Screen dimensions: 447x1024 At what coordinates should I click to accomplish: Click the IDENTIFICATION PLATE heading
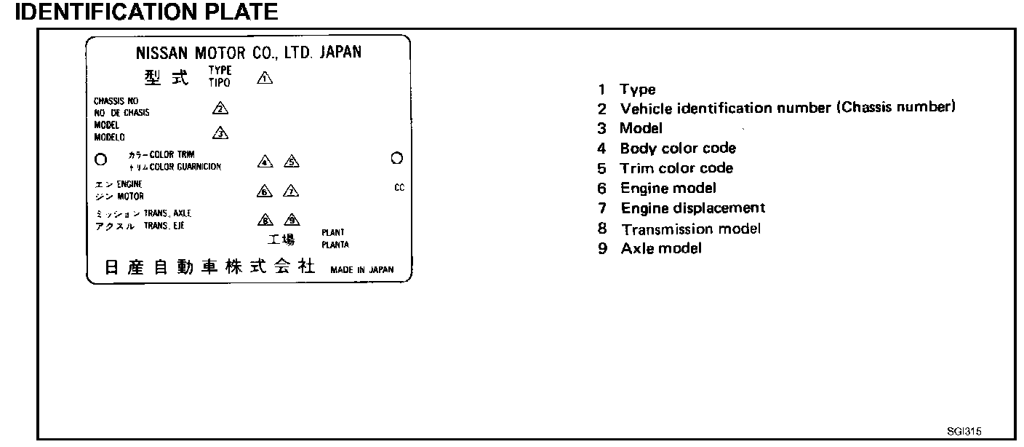pos(145,12)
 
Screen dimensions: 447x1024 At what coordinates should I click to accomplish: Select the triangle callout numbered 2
pos(220,108)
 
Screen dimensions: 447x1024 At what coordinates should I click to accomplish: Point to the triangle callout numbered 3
pos(220,132)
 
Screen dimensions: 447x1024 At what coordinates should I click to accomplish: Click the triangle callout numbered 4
pos(265,162)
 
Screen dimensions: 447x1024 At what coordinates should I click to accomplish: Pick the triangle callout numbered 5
pos(291,162)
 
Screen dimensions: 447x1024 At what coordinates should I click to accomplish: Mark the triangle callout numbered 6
pos(265,191)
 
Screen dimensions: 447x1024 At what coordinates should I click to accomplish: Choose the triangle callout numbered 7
pos(291,191)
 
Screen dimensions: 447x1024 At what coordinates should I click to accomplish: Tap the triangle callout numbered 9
pos(291,220)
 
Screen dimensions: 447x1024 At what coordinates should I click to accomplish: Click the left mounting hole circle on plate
pos(101,158)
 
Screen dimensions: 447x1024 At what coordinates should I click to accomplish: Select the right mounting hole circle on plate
pos(396,157)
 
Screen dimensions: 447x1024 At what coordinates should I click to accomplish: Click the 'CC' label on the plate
pos(399,187)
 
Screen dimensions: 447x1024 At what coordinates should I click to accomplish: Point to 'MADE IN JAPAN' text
pos(361,269)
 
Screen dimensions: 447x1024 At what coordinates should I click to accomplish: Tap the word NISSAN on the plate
pos(161,53)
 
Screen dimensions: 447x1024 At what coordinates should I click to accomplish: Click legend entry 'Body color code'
pos(677,149)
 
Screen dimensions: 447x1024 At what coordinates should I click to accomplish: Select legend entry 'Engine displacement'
pos(692,208)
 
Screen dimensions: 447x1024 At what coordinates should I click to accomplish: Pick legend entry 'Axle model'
pos(660,248)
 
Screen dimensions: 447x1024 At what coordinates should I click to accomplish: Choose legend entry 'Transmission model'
pos(690,229)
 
